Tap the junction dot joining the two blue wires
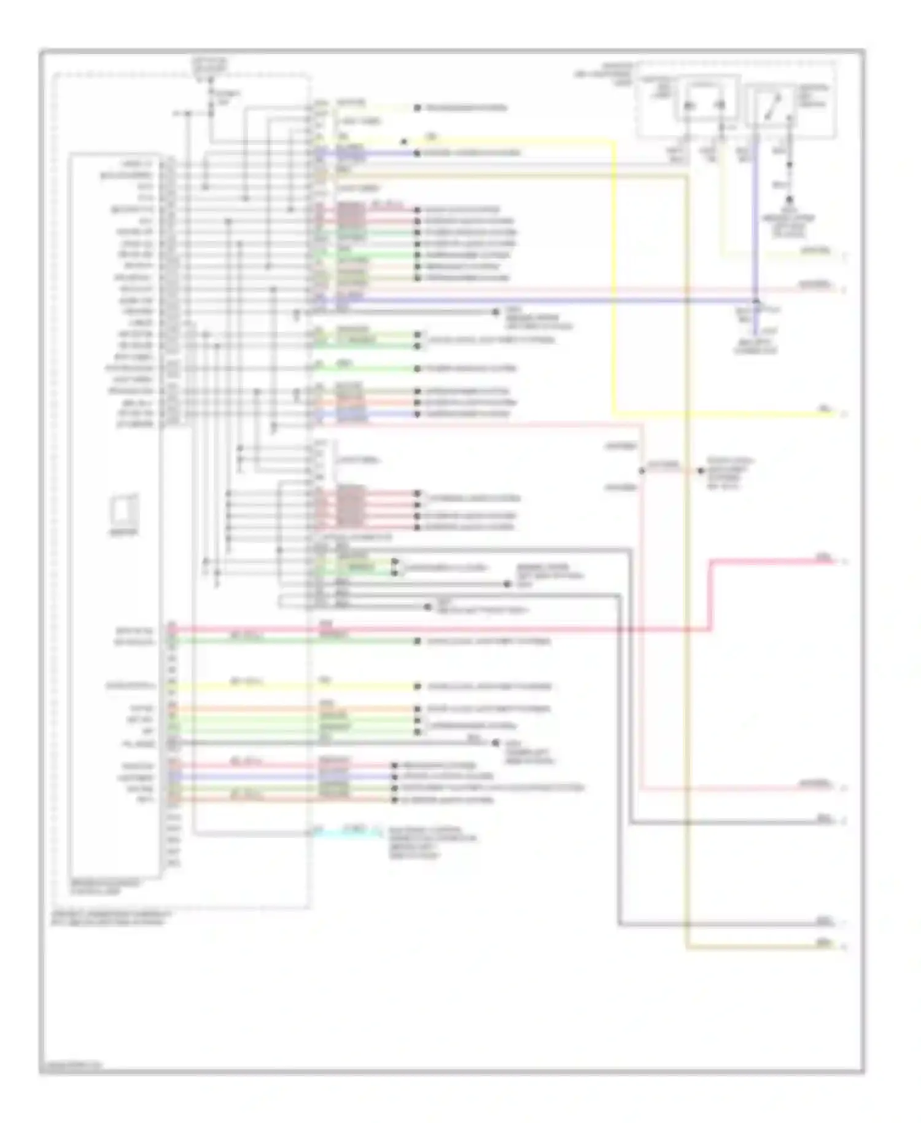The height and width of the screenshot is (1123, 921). [756, 300]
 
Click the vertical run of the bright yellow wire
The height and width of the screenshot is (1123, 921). [615, 276]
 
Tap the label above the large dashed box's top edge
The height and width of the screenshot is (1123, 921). [209, 65]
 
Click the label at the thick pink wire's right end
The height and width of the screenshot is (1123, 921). [823, 558]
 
